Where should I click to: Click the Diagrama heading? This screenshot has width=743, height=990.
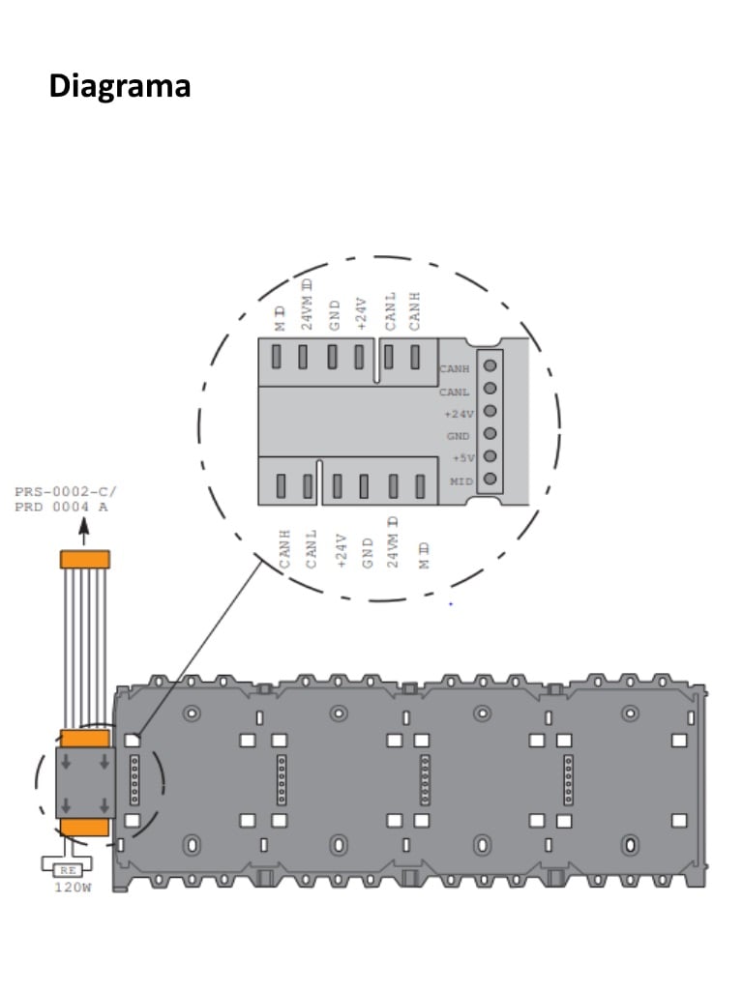[120, 87]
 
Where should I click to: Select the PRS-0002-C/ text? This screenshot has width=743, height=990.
[65, 491]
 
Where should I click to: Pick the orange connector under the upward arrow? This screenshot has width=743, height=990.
[85, 559]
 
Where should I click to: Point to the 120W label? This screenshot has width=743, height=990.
[72, 887]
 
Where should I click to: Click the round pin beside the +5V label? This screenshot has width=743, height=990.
[490, 456]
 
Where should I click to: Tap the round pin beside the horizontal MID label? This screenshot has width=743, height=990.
[490, 479]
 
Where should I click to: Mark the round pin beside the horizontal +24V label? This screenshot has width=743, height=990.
[490, 411]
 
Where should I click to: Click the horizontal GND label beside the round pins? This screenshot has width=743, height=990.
[458, 435]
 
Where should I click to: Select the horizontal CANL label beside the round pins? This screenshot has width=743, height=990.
[455, 391]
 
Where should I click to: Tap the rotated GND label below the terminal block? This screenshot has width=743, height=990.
[368, 550]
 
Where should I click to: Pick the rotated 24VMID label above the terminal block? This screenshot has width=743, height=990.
[307, 304]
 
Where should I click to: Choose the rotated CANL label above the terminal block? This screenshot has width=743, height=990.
[390, 312]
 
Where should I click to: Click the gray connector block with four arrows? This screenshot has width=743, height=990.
[85, 781]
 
